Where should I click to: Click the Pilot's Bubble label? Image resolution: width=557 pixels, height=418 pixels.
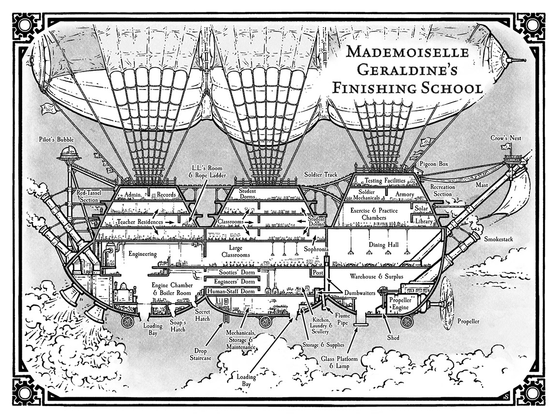tap(57, 140)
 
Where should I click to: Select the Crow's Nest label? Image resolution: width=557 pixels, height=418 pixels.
tap(506, 138)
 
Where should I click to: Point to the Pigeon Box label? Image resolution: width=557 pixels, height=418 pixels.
tap(434, 164)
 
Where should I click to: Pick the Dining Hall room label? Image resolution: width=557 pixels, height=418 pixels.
tap(383, 245)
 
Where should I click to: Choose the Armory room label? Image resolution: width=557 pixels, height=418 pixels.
tap(405, 194)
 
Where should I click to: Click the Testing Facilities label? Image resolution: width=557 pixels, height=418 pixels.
tap(385, 180)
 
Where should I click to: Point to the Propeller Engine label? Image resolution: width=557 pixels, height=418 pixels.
tap(400, 303)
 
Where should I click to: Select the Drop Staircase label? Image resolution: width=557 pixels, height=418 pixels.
tap(201, 354)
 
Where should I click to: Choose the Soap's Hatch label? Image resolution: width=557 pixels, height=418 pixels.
tap(177, 326)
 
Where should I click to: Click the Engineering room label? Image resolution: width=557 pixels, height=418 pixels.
tap(143, 254)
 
